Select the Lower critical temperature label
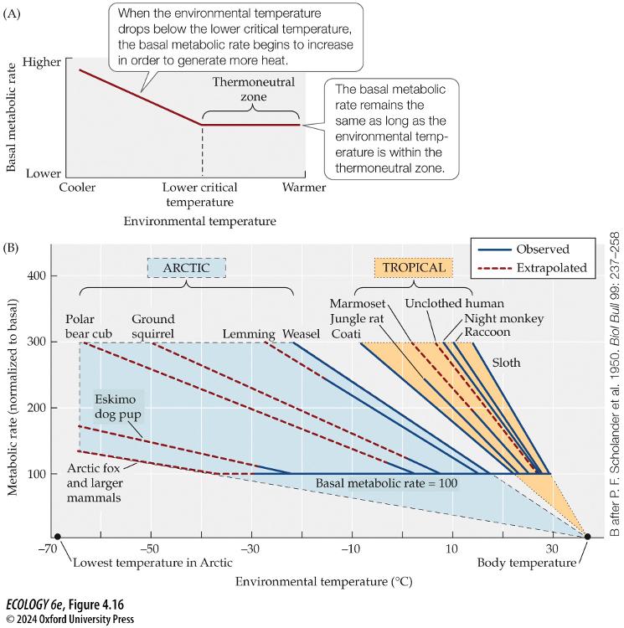coord(201,194)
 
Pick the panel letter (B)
coord(12,249)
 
